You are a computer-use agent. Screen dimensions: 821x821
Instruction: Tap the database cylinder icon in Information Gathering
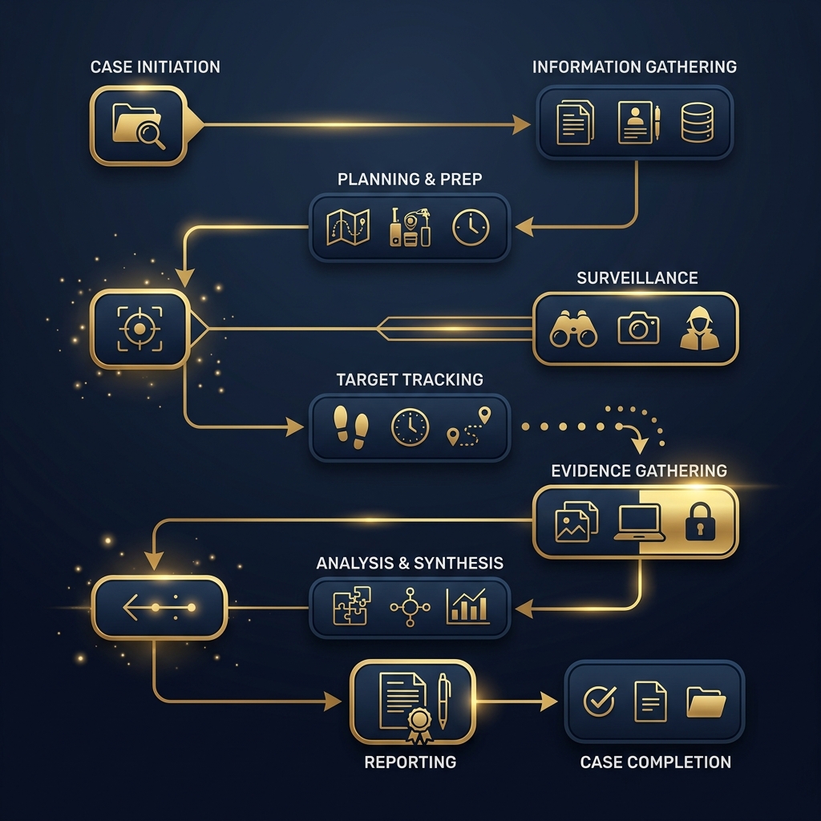(697, 123)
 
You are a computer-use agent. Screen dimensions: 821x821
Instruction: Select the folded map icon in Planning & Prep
(348, 227)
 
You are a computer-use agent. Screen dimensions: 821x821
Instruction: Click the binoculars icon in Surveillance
(573, 329)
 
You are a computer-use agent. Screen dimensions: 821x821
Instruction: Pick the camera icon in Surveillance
(638, 328)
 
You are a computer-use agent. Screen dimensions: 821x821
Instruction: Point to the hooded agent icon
(699, 328)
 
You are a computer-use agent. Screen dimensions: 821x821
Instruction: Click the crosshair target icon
(140, 329)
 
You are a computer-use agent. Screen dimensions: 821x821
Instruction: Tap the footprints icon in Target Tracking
(351, 427)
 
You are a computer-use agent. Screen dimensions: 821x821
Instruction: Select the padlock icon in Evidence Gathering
(700, 520)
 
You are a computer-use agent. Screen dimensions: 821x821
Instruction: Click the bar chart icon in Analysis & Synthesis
(468, 606)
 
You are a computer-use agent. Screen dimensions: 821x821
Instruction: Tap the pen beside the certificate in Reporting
(443, 701)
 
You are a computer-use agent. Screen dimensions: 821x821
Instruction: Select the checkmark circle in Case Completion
(600, 701)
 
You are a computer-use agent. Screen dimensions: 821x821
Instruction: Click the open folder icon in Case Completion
(706, 702)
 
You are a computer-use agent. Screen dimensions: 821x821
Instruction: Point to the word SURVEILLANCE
(637, 277)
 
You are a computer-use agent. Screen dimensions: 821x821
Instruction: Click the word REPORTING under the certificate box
(410, 762)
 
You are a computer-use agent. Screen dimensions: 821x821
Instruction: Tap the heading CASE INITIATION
(155, 67)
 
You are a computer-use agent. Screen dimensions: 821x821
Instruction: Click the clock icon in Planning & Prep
(471, 227)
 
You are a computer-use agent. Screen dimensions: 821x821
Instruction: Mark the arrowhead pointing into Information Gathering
(521, 124)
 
